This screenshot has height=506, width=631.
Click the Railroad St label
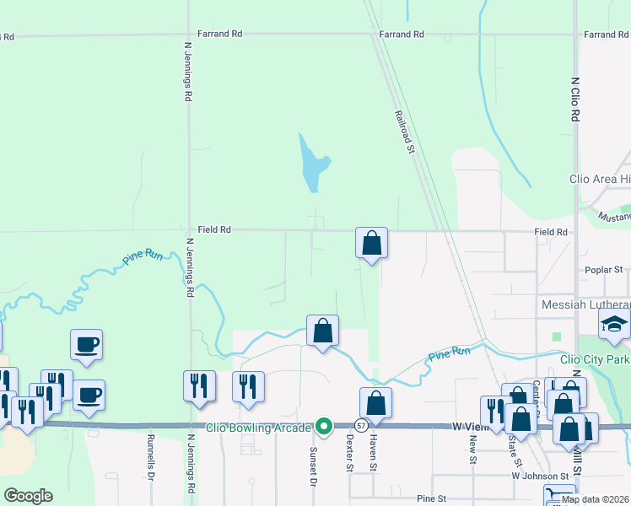(406, 133)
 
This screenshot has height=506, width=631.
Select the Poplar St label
(604, 270)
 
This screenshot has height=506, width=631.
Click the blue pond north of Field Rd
(310, 165)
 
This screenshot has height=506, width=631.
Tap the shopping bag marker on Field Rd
(371, 244)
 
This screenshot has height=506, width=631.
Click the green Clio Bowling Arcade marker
(323, 428)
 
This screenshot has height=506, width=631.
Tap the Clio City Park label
(595, 359)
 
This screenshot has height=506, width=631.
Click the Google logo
(28, 496)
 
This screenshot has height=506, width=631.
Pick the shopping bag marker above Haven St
(375, 403)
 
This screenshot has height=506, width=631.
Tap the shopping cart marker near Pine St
(558, 497)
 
